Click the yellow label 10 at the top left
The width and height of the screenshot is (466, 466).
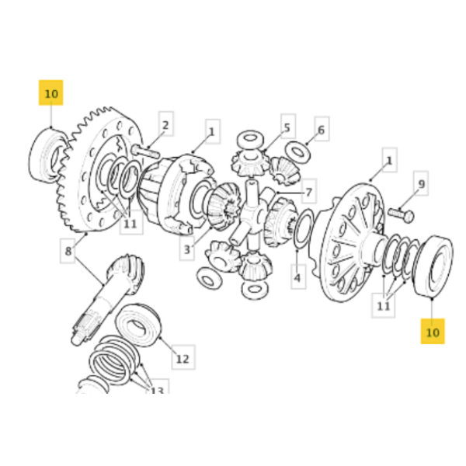[x=50, y=93]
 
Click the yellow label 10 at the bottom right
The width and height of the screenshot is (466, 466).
[x=433, y=332]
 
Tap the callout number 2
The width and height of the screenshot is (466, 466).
[x=165, y=124]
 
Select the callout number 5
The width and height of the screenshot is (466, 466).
[x=286, y=128]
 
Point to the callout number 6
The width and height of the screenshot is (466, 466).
[x=320, y=130]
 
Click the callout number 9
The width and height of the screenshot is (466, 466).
[x=421, y=185]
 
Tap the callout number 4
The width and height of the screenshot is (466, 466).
[x=296, y=275]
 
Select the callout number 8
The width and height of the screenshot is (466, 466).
[x=68, y=252]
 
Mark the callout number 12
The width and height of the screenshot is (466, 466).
[x=182, y=359]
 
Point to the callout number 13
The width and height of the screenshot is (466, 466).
[x=158, y=391]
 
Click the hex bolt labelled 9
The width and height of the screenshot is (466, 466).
[x=398, y=212]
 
